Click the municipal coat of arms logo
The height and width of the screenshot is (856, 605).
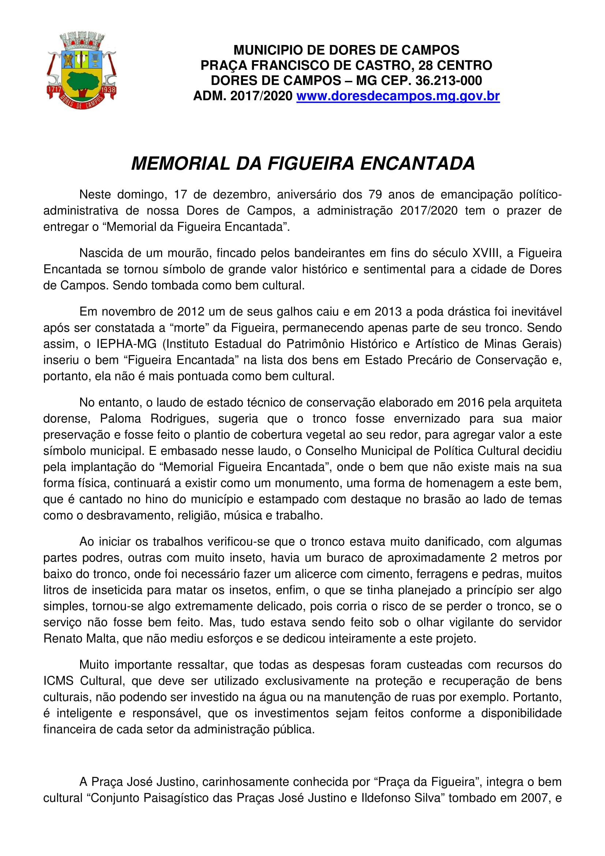pyautogui.click(x=81, y=71)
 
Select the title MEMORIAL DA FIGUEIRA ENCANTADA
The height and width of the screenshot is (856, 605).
pyautogui.click(x=303, y=164)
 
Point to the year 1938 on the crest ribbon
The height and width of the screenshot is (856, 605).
pyautogui.click(x=108, y=90)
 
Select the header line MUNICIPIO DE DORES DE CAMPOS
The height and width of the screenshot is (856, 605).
pyautogui.click(x=346, y=50)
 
